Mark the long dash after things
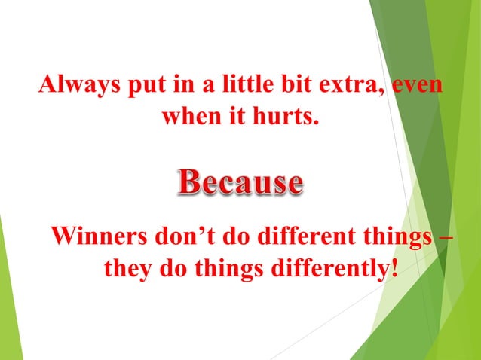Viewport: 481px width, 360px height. (x=446, y=236)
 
